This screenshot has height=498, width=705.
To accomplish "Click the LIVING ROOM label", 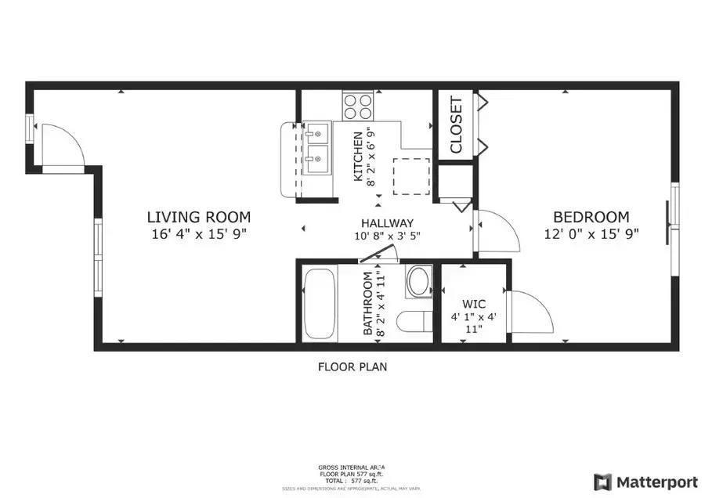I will [x=199, y=217].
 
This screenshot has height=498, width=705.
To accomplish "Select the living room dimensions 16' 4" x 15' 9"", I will [x=199, y=233].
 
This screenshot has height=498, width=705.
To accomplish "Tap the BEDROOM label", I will [x=591, y=217].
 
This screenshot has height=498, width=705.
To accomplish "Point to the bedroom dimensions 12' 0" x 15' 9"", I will [x=591, y=233].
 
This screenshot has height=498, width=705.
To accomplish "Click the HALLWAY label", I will [x=387, y=223].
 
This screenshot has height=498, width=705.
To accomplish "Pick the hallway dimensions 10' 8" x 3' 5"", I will [x=387, y=236].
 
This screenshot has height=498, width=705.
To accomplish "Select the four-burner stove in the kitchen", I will [x=358, y=104].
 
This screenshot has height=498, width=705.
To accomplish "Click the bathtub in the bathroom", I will [x=320, y=305].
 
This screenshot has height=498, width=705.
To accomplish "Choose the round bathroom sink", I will [x=419, y=281].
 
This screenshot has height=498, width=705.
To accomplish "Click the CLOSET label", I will [x=456, y=125].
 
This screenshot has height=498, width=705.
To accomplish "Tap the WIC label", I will [x=474, y=302].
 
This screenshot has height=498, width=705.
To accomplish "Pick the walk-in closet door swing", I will [x=530, y=312].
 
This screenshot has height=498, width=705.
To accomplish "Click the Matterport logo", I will [x=637, y=481].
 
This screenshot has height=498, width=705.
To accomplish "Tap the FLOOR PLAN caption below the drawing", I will [x=352, y=366].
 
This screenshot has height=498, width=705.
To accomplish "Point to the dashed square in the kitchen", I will [x=411, y=176].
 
